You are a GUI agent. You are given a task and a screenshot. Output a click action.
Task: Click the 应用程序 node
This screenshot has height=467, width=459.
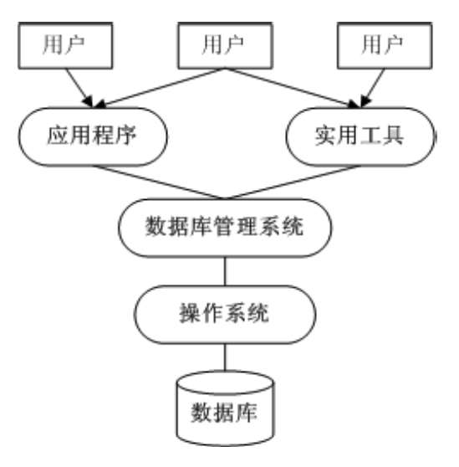pos(93,136)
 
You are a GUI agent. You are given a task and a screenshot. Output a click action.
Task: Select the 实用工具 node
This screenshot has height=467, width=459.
pos(360,136)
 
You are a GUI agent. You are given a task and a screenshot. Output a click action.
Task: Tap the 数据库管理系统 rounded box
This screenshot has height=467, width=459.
pos(225,228)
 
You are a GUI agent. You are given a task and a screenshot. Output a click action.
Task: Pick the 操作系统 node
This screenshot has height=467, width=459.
pos(225,315)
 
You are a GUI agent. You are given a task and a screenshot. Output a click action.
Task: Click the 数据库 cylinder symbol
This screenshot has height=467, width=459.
pos(225,408)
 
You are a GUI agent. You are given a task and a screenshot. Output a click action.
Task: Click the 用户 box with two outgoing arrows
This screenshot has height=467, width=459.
pos(225,45)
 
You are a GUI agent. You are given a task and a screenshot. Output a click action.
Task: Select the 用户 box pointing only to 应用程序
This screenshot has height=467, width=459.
pos(65,45)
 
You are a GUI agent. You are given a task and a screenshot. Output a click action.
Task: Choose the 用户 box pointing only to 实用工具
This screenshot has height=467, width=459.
pos(385,45)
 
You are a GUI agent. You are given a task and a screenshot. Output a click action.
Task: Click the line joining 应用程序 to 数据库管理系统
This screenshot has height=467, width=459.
pos(159,182)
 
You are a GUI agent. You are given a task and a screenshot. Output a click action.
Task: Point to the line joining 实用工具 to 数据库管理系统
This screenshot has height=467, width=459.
pos(293,182)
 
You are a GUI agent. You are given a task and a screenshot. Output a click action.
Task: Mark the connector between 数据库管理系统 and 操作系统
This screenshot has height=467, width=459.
pos(225,271)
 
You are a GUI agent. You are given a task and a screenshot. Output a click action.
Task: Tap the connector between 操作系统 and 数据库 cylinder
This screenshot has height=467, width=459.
pos(225,357)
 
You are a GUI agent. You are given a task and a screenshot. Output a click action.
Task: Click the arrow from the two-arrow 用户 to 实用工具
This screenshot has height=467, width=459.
pos(293,88)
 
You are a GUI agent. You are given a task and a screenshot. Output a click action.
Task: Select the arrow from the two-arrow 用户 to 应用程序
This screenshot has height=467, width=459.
pos(159,88)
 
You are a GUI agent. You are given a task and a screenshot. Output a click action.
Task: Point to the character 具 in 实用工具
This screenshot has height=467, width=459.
pos(393,136)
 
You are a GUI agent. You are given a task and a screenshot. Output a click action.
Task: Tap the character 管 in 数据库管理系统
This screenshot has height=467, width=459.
pos(225,226)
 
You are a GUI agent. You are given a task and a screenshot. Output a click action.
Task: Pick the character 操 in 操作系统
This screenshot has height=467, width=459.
pos(191,313)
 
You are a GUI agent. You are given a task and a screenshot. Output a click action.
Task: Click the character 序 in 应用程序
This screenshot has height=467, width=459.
pos(125,136)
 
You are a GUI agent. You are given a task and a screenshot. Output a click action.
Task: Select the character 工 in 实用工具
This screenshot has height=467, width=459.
pos(370,136)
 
